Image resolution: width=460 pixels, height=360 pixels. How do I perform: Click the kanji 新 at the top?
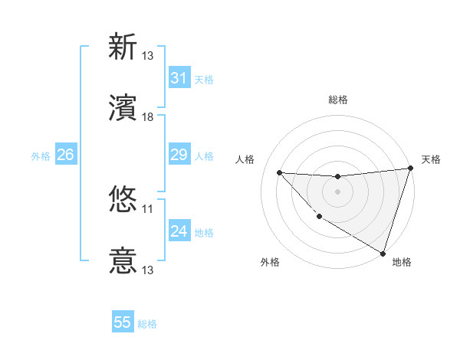coord(123,47)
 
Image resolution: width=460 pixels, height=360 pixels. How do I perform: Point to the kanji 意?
coord(123,261)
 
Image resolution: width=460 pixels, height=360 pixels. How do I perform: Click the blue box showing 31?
coord(179,77)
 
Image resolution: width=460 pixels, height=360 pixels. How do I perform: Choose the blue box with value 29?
coord(179,155)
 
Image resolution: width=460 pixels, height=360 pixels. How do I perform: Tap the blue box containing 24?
coord(179,231)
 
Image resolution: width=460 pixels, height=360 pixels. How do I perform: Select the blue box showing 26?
coord(65,155)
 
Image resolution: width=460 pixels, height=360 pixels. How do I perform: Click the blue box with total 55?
coord(123,322)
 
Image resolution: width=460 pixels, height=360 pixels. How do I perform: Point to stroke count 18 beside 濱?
coord(148,117)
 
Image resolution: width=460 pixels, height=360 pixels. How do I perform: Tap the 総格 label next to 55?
coord(147,324)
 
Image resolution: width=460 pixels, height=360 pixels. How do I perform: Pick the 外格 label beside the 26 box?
coord(41,156)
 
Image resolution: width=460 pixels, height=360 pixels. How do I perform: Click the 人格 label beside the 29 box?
coord(204,156)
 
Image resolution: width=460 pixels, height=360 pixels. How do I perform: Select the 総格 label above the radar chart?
coord(337,100)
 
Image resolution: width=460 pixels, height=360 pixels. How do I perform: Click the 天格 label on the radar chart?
coord(431,159)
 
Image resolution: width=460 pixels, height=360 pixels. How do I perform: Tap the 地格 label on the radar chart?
coord(402,262)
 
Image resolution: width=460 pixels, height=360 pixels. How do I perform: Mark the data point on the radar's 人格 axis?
coord(280,172)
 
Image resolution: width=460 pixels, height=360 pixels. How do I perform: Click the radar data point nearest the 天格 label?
coord(410,169)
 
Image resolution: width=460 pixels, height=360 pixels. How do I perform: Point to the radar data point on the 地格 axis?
coord(383,252)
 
